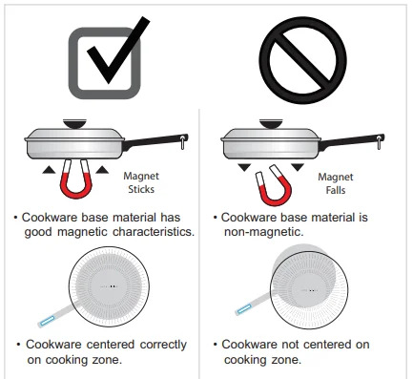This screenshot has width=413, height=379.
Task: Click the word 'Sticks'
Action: pyautogui.click(x=141, y=189)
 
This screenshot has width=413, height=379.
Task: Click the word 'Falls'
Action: pyautogui.click(x=336, y=190)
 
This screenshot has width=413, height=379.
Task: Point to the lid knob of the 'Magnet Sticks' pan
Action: pyautogui.click(x=74, y=123)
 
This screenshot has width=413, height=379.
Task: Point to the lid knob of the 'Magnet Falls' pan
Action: pyautogui.click(x=271, y=123)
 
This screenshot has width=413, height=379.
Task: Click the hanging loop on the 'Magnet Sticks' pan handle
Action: pyautogui.click(x=183, y=142)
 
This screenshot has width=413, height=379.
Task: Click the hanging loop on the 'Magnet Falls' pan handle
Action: pyautogui.click(x=380, y=142)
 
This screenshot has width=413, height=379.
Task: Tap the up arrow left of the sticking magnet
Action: pyautogui.click(x=49, y=170)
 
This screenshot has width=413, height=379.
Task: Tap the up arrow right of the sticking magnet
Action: pyautogui.click(x=102, y=170)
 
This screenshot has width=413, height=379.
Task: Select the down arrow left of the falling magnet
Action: pyautogui.click(x=244, y=167)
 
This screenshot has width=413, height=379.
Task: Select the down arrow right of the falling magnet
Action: pyautogui.click(x=298, y=167)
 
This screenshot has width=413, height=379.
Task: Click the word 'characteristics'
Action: pyautogui.click(x=154, y=232)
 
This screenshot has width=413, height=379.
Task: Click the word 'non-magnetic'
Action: pyautogui.click(x=263, y=232)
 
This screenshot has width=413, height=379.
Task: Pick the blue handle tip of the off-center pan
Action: pyautogui.click(x=244, y=308)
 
